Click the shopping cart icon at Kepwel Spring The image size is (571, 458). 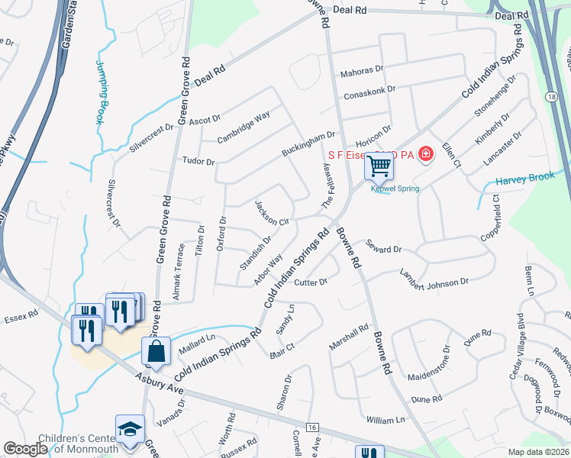tap(379, 165)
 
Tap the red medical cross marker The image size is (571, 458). tap(424, 154)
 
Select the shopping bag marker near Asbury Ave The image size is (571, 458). tap(156, 351)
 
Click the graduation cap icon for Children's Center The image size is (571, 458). tap(129, 431)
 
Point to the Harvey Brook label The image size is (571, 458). tap(524, 180)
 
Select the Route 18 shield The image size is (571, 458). tap(550, 95)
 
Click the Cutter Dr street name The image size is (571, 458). tap(311, 282)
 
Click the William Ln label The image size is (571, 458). tap(386, 420)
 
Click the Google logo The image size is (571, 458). tap(25, 449)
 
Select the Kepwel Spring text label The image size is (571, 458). tap(395, 189)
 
